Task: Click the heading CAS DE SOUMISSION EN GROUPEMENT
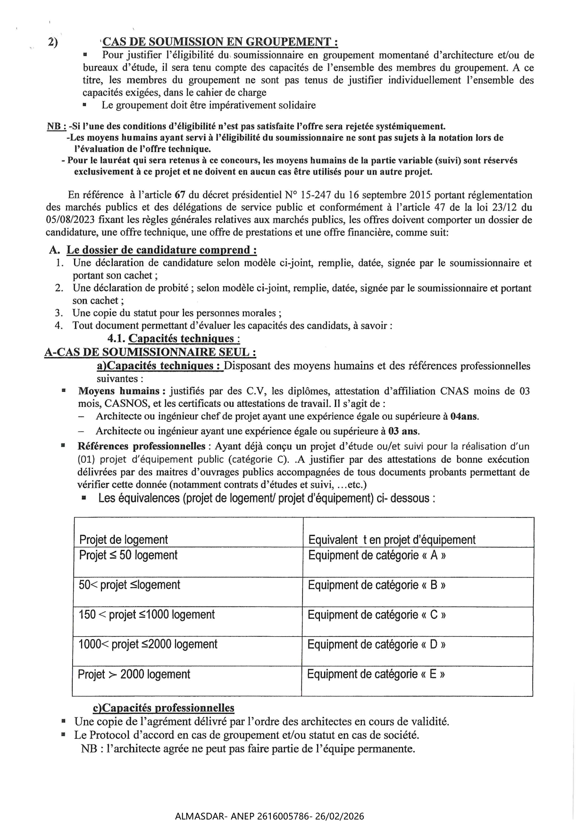coord(220,42)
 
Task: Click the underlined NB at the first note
coord(56,127)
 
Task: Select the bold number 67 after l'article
coord(179,195)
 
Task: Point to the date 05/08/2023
coord(66,220)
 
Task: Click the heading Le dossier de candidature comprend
coord(161,250)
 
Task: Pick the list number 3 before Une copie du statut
coord(58,313)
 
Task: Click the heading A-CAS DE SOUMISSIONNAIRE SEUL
coord(150,352)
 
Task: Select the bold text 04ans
coord(464,416)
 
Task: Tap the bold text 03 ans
coord(403,431)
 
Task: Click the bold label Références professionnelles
coord(142,446)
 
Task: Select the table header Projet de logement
coord(124,540)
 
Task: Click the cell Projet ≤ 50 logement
coord(128,555)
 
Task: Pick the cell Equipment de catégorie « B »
coord(377,585)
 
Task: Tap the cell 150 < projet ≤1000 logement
coord(147,615)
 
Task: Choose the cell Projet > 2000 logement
coord(134,674)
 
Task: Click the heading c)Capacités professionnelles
coord(164,708)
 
